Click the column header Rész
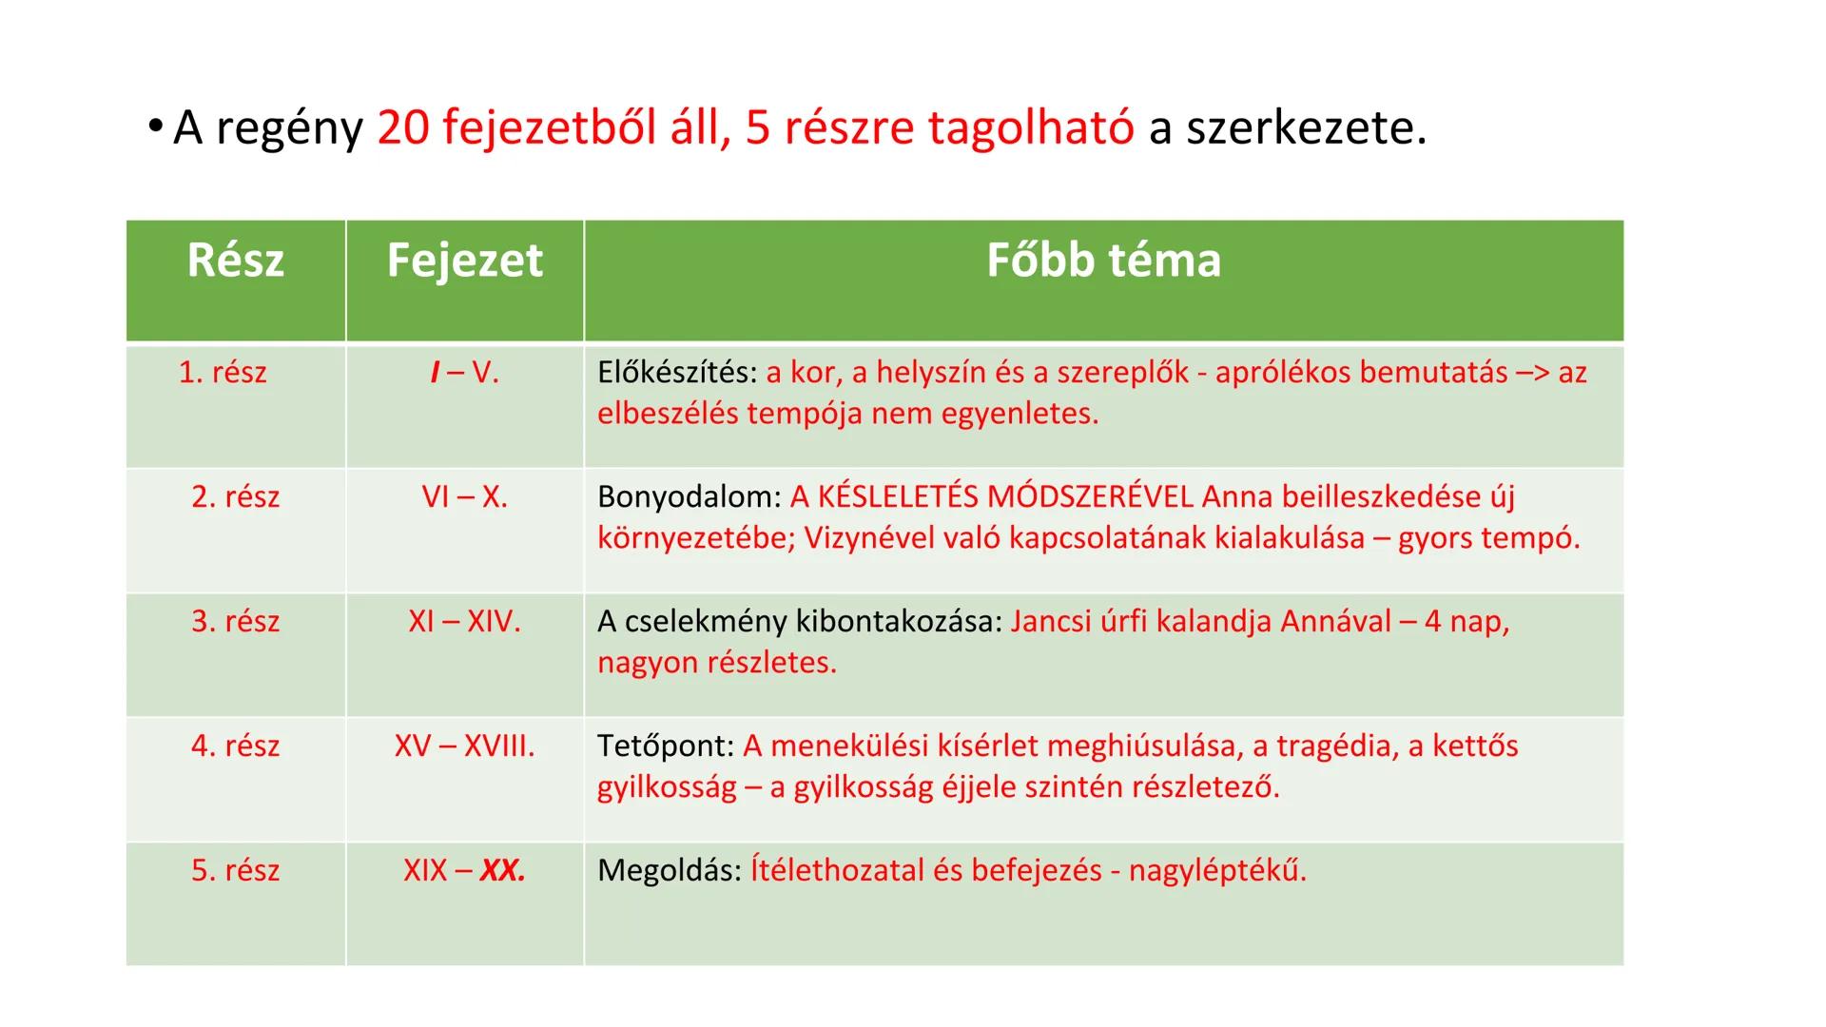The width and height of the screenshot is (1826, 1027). tap(235, 261)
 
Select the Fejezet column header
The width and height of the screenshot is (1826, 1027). tap(464, 261)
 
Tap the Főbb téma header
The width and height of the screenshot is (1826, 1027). tap(1103, 261)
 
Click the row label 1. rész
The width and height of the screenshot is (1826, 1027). tap(223, 372)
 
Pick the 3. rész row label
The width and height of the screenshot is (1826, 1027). tap(235, 621)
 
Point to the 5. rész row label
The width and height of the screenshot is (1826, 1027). tap(235, 870)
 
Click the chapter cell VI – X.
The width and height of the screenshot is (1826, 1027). tap(464, 496)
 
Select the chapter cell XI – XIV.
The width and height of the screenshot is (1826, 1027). tap(464, 621)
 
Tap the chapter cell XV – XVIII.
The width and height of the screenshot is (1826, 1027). tap(464, 746)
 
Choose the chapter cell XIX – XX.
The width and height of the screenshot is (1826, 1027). tap(464, 870)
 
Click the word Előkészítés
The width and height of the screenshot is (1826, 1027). tap(676, 373)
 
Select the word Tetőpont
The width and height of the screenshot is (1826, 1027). tap(665, 746)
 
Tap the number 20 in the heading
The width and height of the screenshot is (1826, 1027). tap(403, 127)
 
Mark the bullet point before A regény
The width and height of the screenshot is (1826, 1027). tap(156, 128)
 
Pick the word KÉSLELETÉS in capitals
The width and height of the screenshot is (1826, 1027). tap(897, 497)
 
